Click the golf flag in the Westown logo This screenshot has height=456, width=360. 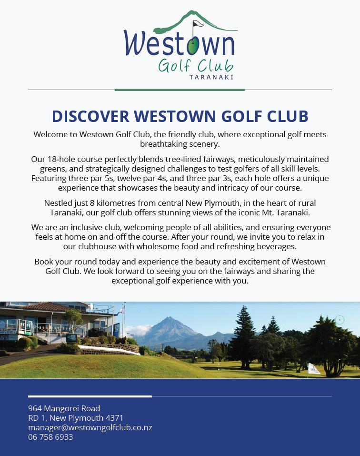tap(197, 23)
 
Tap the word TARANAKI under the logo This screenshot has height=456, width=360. tap(211, 76)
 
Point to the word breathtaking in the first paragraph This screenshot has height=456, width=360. tap(162, 143)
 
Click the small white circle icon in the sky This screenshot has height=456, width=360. tap(340, 320)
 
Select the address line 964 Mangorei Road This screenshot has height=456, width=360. tap(64, 408)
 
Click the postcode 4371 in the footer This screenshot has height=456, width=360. tap(114, 418)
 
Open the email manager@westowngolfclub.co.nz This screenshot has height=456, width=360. tap(90, 427)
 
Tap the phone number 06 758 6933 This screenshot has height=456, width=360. tap(50, 437)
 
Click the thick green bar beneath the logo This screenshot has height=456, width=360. tap(180, 90)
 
